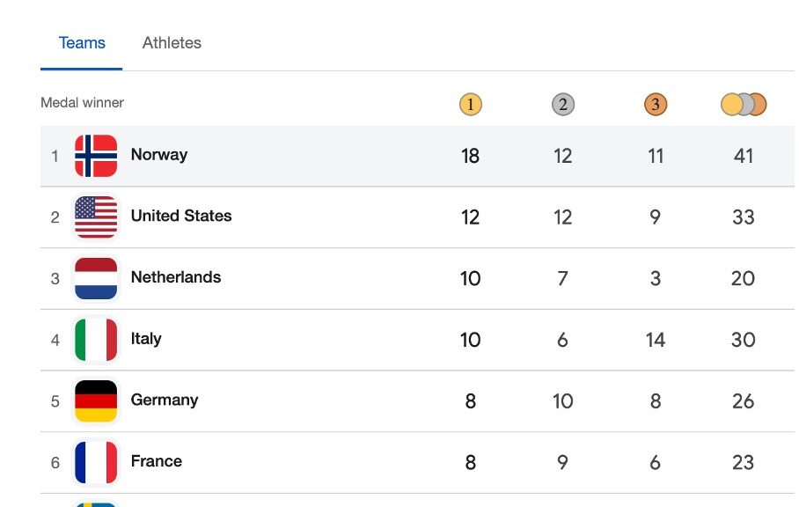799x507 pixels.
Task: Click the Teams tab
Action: tap(82, 43)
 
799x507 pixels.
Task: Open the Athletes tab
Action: tap(172, 43)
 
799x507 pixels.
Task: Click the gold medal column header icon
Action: tap(471, 105)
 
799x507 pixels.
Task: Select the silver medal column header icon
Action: tap(563, 105)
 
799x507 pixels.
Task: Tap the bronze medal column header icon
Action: tap(656, 105)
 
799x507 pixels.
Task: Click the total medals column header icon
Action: tap(744, 105)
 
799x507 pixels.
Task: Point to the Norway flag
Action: tap(96, 156)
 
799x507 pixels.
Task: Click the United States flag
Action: tap(96, 217)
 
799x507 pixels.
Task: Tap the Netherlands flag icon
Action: tap(96, 278)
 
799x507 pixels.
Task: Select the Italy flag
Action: tap(96, 340)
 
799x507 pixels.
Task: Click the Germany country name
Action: tap(165, 400)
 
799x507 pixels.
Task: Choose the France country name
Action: tap(157, 461)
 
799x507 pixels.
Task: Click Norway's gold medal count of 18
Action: tap(471, 156)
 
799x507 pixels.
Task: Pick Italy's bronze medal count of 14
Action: tap(656, 340)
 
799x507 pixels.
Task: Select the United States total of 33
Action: tap(744, 217)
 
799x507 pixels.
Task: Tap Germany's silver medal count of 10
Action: tap(563, 401)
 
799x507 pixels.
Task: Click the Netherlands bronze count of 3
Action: tap(656, 278)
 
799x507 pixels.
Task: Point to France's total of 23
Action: tap(744, 462)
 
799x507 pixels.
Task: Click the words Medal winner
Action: tap(82, 103)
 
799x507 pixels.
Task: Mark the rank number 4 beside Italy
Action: tap(55, 340)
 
